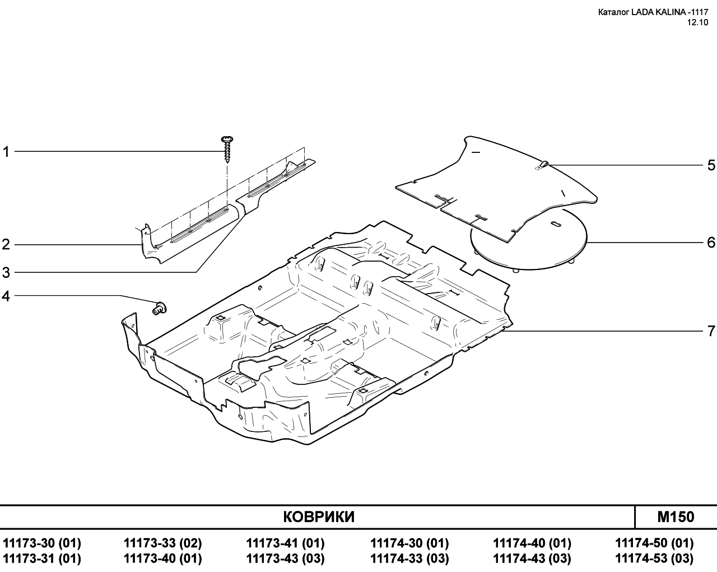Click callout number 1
click(6, 152)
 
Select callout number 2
click(6, 245)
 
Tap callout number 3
click(6, 273)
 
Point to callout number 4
click(6, 296)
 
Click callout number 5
click(711, 165)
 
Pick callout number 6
click(711, 243)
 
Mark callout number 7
click(711, 331)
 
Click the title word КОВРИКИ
click(319, 517)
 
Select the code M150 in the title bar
click(675, 517)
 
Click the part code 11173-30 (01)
click(42, 543)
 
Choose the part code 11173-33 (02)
click(162, 543)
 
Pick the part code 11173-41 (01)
click(285, 543)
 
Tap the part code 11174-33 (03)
click(409, 559)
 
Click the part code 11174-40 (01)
click(532, 543)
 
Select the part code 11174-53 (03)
click(654, 559)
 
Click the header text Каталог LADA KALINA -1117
click(653, 12)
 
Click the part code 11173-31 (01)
click(42, 559)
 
